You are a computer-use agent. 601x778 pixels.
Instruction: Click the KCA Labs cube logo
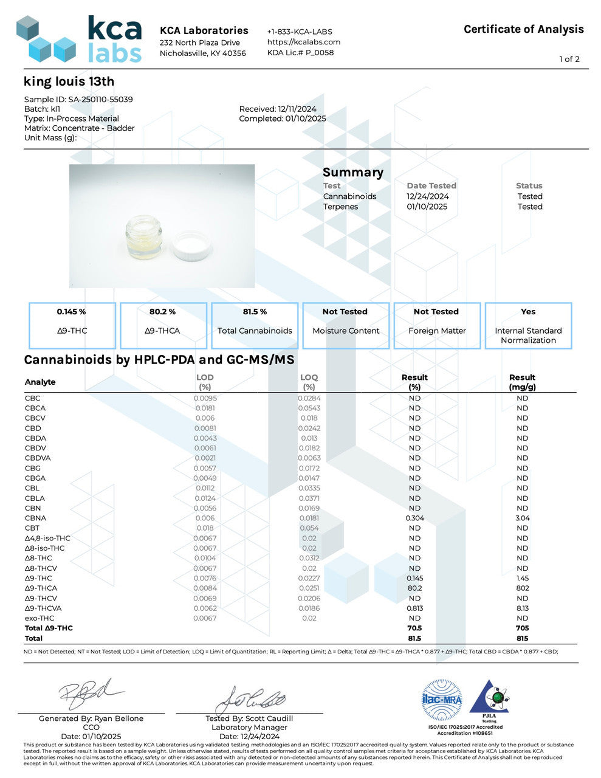coord(46,40)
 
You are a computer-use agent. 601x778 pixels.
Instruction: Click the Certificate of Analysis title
coord(523,29)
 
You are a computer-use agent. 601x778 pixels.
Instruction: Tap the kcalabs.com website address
coord(304,42)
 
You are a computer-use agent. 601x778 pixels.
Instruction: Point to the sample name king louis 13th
coord(69,81)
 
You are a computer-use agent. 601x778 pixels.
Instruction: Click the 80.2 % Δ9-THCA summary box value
coord(162,312)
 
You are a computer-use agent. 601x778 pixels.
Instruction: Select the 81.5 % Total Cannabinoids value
coord(255,312)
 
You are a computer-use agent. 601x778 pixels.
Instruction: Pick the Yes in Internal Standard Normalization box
coord(528,312)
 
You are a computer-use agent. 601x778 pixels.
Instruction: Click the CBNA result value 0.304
coord(414,518)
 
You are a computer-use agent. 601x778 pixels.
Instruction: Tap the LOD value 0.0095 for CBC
coord(205,398)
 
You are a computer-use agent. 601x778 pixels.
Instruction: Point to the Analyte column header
coord(40,382)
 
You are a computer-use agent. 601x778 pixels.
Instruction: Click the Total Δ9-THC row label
coord(49,628)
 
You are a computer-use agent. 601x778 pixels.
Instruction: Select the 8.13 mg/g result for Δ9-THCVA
coord(522,608)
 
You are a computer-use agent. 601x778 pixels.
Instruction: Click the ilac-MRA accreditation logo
coord(442,700)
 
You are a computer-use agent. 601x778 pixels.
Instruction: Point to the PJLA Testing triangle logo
coord(490,698)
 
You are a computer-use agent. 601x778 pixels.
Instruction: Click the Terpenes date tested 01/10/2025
coord(427,207)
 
